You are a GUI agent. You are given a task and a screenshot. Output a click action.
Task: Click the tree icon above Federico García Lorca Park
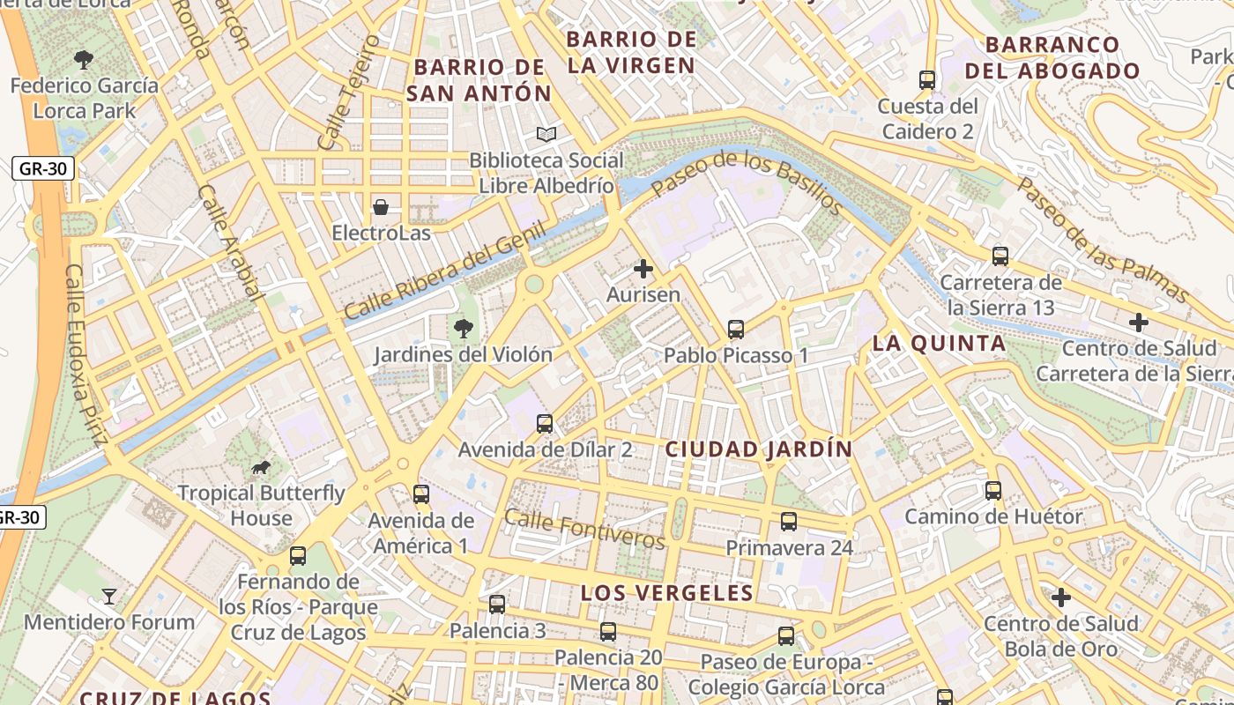pyautogui.click(x=84, y=60)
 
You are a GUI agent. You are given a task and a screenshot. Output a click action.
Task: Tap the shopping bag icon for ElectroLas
pyautogui.click(x=381, y=207)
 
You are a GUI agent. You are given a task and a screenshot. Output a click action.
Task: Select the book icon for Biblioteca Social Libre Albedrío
pyautogui.click(x=546, y=135)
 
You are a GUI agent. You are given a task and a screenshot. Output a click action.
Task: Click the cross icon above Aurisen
pyautogui.click(x=643, y=269)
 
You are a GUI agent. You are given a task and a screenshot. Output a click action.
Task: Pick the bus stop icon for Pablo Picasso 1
pyautogui.click(x=736, y=330)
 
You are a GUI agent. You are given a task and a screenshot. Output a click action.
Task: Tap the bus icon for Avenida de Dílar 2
pyautogui.click(x=545, y=424)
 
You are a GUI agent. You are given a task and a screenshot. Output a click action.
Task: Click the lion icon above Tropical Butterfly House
pyautogui.click(x=261, y=467)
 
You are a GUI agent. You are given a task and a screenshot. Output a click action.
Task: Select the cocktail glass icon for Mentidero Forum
pyautogui.click(x=108, y=597)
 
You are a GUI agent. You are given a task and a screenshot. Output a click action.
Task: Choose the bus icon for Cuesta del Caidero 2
pyautogui.click(x=926, y=80)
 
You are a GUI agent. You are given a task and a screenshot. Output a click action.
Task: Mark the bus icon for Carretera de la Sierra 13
pyautogui.click(x=1000, y=256)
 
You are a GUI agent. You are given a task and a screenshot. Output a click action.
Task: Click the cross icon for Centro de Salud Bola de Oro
pyautogui.click(x=1061, y=598)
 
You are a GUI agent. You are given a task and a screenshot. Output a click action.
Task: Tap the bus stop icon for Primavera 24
pyautogui.click(x=789, y=522)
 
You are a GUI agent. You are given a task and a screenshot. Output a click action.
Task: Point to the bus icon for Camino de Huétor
pyautogui.click(x=993, y=491)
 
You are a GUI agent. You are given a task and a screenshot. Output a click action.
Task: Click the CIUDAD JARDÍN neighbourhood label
pyautogui.click(x=758, y=449)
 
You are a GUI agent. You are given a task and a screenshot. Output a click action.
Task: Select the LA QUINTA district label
pyautogui.click(x=939, y=344)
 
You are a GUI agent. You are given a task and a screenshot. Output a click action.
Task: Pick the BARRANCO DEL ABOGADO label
pyautogui.click(x=1052, y=58)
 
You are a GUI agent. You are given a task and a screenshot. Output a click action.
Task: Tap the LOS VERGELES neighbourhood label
pyautogui.click(x=667, y=593)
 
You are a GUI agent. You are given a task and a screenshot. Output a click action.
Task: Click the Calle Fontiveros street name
pyautogui.click(x=584, y=528)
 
